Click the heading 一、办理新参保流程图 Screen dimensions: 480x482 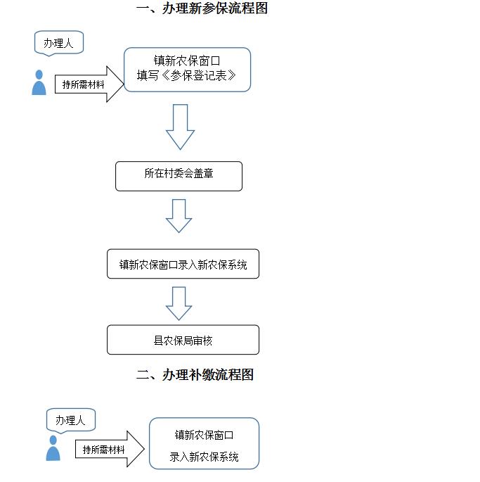coord(202,8)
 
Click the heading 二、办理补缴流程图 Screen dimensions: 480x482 coord(195,374)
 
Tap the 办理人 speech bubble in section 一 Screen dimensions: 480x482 coord(58,43)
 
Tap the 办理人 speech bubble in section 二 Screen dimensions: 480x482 coord(71,420)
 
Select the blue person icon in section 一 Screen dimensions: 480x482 coord(39,82)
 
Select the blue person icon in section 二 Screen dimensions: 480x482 coord(53,448)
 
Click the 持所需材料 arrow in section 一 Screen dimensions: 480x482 coord(89,84)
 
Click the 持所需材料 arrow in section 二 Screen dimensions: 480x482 coord(110,449)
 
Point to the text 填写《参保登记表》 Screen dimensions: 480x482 coord(186,75)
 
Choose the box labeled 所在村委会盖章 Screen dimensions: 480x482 coord(179,176)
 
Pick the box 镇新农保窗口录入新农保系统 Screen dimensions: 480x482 coord(183,264)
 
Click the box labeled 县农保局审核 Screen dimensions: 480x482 coord(183,340)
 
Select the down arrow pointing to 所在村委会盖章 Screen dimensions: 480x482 coord(181,127)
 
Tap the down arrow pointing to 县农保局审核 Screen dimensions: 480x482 coord(179,304)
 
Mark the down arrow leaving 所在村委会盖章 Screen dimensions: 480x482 coord(179,216)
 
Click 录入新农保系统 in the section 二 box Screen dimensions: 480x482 coord(204,457)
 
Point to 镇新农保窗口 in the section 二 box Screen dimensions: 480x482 coord(205,435)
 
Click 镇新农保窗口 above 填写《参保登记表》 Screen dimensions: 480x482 coord(187,61)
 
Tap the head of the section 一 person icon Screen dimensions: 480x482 coord(39,75)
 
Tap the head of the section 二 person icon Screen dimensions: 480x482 coord(53,440)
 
